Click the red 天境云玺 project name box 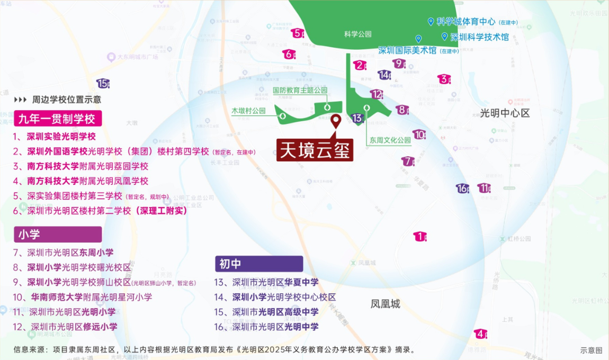click(315, 150)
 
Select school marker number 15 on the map click(103, 83)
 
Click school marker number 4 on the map click(480, 334)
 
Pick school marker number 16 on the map click(463, 188)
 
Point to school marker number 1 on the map click(420, 237)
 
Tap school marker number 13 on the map click(357, 118)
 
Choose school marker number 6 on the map click(289, 54)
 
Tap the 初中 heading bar click(258, 264)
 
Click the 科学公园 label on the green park click(358, 34)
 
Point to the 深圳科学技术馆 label click(479, 37)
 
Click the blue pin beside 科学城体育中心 click(431, 22)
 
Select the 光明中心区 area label click(505, 113)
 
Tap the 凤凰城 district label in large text click(385, 304)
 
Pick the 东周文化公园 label click(390, 140)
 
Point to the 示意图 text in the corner click(591, 350)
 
